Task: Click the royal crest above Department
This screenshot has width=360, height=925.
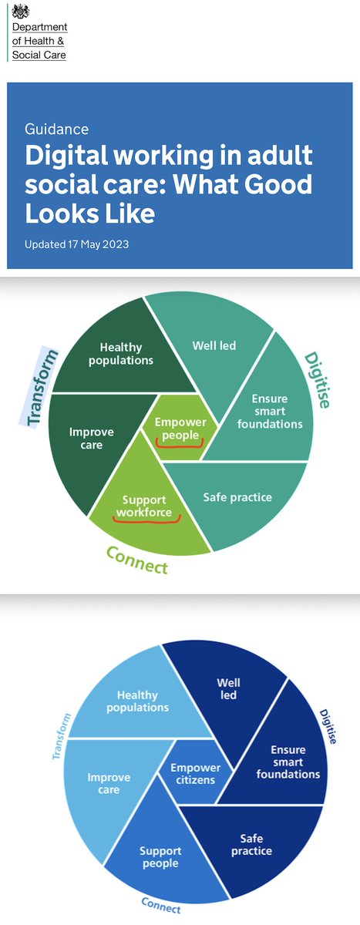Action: [x=21, y=12]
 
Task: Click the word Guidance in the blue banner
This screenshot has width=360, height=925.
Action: [x=57, y=129]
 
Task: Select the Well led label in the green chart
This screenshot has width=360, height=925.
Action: [x=214, y=346]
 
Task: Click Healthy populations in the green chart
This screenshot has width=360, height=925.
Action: [x=126, y=354]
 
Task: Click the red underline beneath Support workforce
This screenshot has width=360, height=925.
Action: [x=146, y=519]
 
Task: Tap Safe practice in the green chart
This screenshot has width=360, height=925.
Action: [x=238, y=497]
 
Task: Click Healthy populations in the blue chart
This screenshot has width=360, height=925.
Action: [x=138, y=701]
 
